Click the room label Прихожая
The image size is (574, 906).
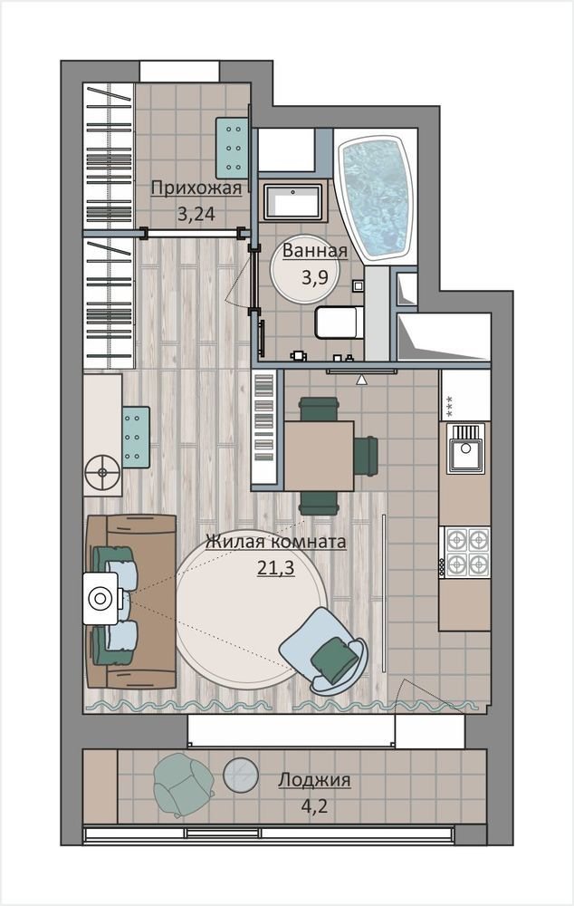point(196,188)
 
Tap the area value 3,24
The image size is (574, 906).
point(196,215)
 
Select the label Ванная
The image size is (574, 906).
point(315,251)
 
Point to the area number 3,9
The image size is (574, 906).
point(315,277)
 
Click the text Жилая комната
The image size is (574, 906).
point(276,542)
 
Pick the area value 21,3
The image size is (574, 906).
point(276,568)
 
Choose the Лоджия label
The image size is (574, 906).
point(314,779)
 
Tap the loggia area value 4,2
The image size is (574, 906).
point(314,805)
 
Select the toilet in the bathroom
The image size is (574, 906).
point(340,323)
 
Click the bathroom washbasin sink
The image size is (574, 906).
point(292,202)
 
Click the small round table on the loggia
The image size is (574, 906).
point(241,775)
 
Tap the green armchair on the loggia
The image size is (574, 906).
point(184,785)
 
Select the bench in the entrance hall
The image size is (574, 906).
point(232,148)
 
